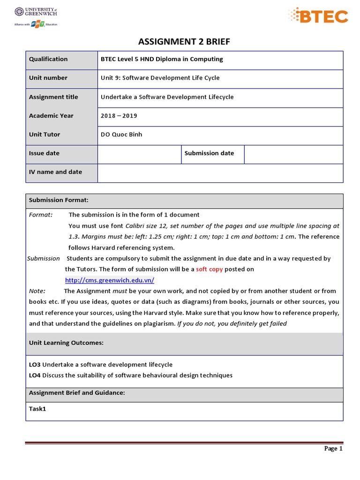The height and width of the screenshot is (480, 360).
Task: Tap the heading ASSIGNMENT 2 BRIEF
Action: (x=184, y=42)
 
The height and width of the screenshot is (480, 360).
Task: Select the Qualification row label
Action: (x=48, y=59)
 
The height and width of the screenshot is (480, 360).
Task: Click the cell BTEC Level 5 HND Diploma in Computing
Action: (x=162, y=59)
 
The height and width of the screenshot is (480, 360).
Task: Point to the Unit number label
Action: (x=48, y=78)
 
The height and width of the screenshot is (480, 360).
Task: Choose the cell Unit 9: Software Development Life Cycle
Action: (x=160, y=78)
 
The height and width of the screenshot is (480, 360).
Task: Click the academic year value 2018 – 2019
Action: (x=119, y=116)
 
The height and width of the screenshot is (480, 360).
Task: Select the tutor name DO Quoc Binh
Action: (x=121, y=135)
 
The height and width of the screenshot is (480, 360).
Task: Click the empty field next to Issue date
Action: (x=139, y=154)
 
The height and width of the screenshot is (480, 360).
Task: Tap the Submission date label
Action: (x=209, y=153)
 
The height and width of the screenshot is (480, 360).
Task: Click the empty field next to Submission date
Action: (x=293, y=154)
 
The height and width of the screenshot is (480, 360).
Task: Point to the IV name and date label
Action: (x=55, y=172)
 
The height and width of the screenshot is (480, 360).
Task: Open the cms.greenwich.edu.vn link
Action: (x=109, y=280)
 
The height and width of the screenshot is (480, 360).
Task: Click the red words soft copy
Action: (x=209, y=269)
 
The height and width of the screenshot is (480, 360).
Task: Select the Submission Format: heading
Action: (x=59, y=200)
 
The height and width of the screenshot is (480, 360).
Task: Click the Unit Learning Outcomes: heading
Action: (x=66, y=343)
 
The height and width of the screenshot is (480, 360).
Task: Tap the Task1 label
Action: (x=37, y=409)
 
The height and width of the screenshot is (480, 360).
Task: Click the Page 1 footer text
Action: (x=334, y=449)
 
